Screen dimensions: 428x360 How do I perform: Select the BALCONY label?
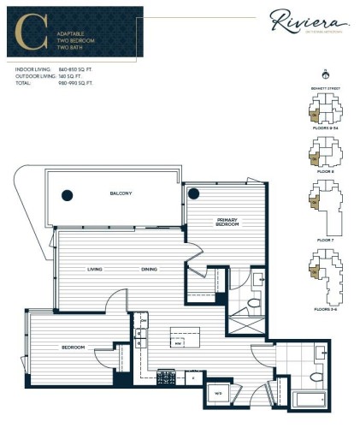pos(121,193)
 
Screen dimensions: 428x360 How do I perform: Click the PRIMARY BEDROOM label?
pos(227,223)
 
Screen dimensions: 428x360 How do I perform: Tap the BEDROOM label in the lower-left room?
pos(72,347)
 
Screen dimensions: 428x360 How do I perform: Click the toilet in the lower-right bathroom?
pos(314,373)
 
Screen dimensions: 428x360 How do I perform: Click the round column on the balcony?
pos(66,195)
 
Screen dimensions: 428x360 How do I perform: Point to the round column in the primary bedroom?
pos(194,192)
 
